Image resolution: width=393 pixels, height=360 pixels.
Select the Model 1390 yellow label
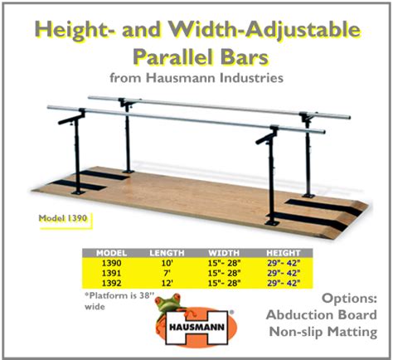coord(63,220)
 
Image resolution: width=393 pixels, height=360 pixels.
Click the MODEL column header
coord(111,251)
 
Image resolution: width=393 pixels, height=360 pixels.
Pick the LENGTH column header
coord(167,251)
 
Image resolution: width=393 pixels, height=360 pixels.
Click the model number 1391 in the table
coord(111,273)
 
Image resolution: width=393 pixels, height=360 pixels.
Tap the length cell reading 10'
coord(167,262)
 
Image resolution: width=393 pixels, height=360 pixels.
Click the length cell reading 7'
coord(167,273)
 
